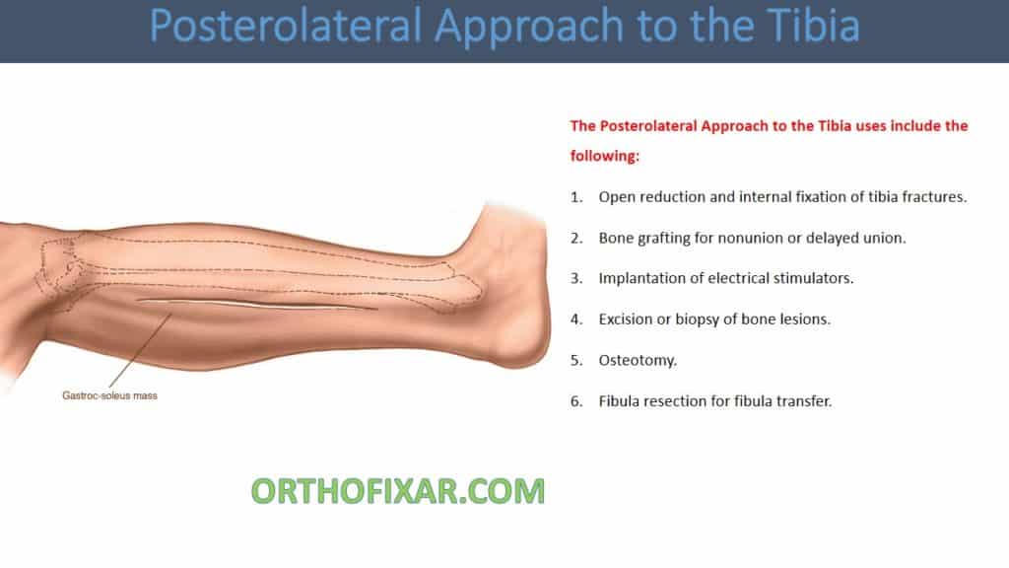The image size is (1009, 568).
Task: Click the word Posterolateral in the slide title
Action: [284, 28]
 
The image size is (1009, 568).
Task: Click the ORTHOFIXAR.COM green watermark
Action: [397, 490]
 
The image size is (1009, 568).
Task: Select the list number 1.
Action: [576, 196]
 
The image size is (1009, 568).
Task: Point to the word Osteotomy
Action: [637, 360]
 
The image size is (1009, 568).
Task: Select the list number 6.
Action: [576, 401]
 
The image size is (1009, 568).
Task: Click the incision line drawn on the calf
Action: [256, 304]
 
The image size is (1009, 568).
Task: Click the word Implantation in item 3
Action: [644, 278]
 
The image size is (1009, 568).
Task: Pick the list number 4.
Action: [576, 319]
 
